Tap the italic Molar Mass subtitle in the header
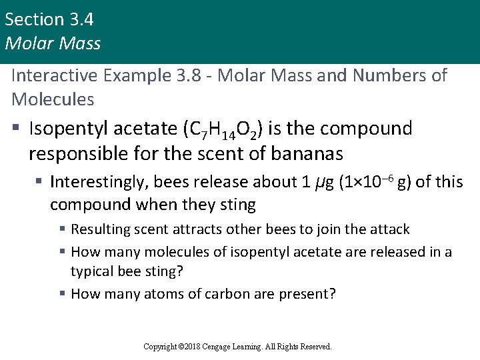(53, 44)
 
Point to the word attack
(389, 229)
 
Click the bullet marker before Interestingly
(39, 182)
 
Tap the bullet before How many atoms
(61, 293)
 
